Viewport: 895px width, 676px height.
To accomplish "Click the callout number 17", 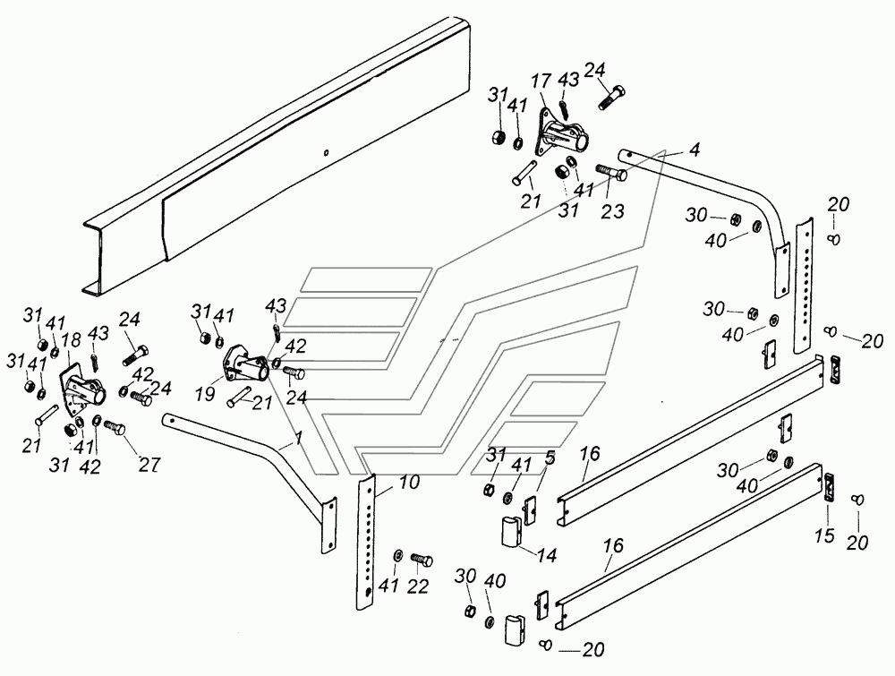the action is pyautogui.click(x=541, y=82).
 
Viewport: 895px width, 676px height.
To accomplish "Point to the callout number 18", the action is pyautogui.click(x=72, y=341).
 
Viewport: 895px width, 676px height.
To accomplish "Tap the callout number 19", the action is pyautogui.click(x=205, y=393).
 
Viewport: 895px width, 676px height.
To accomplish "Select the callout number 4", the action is pyautogui.click(x=695, y=150).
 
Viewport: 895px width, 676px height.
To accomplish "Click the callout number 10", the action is pyautogui.click(x=550, y=458).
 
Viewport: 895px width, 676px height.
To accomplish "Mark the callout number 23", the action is pyautogui.click(x=612, y=211).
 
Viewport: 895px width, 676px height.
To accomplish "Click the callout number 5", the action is pyautogui.click(x=550, y=458).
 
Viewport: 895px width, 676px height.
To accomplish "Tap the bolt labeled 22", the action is pyautogui.click(x=422, y=560).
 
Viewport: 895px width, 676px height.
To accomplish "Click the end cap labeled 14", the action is pyautogui.click(x=513, y=532).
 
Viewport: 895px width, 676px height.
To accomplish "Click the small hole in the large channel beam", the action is pyautogui.click(x=326, y=152).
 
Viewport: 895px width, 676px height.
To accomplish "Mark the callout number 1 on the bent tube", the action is pyautogui.click(x=297, y=437).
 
